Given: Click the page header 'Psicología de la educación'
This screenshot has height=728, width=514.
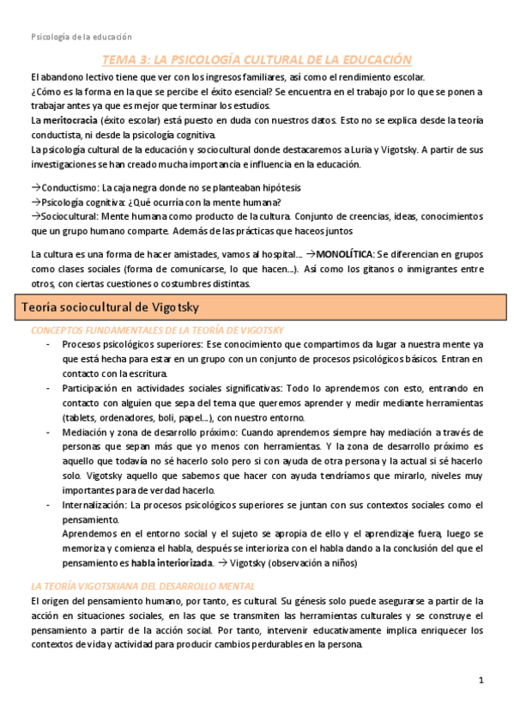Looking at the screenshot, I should [x=82, y=37].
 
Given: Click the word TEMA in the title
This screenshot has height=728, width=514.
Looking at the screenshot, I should [x=120, y=59].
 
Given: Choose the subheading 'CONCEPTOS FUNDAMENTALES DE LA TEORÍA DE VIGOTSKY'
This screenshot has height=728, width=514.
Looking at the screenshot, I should [x=156, y=331].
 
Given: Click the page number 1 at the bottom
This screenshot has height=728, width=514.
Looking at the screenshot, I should [x=481, y=680].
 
